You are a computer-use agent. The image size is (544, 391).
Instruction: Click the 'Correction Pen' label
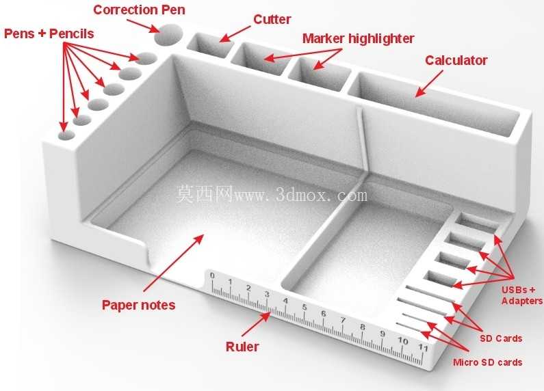pos(139,10)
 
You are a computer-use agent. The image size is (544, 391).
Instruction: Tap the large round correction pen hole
pos(168,34)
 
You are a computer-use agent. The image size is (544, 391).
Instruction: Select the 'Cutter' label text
pos(272,19)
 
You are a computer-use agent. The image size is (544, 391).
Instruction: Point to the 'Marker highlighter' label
pos(358,38)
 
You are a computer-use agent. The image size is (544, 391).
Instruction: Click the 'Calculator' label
pos(456,60)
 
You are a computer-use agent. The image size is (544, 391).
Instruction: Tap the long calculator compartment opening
pos(434,103)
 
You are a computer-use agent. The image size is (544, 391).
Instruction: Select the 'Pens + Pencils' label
pos(49,33)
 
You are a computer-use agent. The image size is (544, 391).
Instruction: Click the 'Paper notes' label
pos(138,305)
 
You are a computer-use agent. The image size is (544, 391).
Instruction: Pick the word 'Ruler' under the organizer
pos(242,347)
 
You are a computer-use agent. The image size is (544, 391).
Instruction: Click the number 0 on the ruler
pos(212,275)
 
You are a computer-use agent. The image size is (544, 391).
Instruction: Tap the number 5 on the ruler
pos(305,307)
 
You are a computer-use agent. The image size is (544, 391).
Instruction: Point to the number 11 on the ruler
pos(423,347)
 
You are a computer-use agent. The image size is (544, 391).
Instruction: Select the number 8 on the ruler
pos(363,327)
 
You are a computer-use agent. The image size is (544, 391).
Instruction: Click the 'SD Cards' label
pos(501,338)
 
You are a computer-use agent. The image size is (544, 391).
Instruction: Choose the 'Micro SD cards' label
pos(487,362)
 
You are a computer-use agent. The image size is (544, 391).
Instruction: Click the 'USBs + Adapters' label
pos(522,295)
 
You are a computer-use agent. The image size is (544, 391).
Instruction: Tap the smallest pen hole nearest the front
pos(66,135)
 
